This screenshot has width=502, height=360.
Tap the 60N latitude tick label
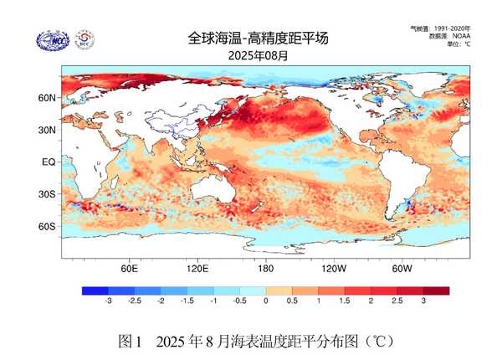pos(47,97)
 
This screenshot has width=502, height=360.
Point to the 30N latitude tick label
pos(47,130)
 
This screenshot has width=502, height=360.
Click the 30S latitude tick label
pos(47,194)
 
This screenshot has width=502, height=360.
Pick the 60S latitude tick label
pos(47,226)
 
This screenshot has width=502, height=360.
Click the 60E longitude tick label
pos(129,269)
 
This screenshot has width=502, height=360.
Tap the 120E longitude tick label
pos(197,269)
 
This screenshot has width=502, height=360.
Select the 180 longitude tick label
pos(265,269)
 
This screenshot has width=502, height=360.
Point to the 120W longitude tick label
pos(333,269)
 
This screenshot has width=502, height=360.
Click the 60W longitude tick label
pos(401,269)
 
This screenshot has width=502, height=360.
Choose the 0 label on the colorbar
pos(265,301)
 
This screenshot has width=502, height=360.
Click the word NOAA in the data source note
pos(461,36)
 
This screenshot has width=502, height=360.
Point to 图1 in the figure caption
pos(131,341)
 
